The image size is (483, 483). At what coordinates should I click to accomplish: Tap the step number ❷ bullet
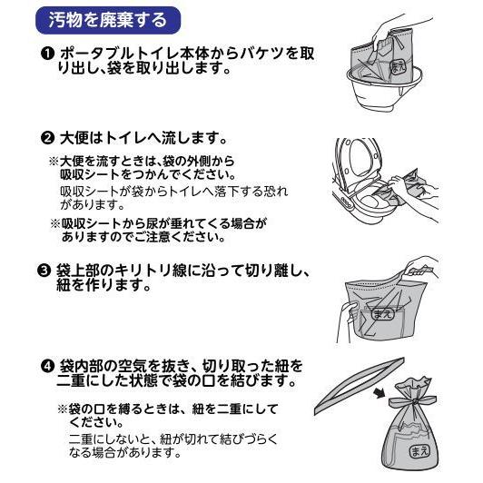[x=47, y=139]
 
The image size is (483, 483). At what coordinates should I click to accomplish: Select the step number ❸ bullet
[x=47, y=271]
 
